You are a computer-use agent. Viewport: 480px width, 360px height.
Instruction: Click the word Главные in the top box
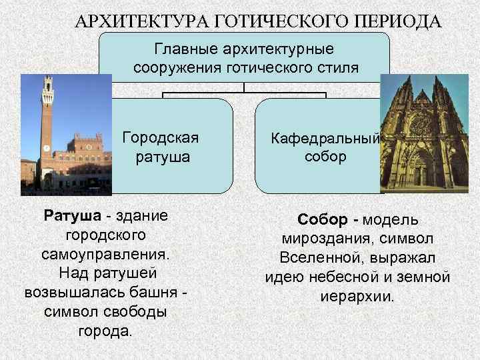185,49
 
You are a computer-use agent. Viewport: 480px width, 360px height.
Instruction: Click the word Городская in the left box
161,138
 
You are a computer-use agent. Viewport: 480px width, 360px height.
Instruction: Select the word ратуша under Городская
161,157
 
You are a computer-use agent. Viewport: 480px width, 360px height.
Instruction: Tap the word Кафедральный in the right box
325,139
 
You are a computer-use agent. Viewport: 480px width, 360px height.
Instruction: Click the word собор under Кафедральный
325,157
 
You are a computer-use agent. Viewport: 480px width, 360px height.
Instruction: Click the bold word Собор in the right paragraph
323,219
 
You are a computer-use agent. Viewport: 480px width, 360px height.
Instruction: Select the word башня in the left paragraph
151,293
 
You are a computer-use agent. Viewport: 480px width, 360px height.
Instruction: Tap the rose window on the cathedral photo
420,124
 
